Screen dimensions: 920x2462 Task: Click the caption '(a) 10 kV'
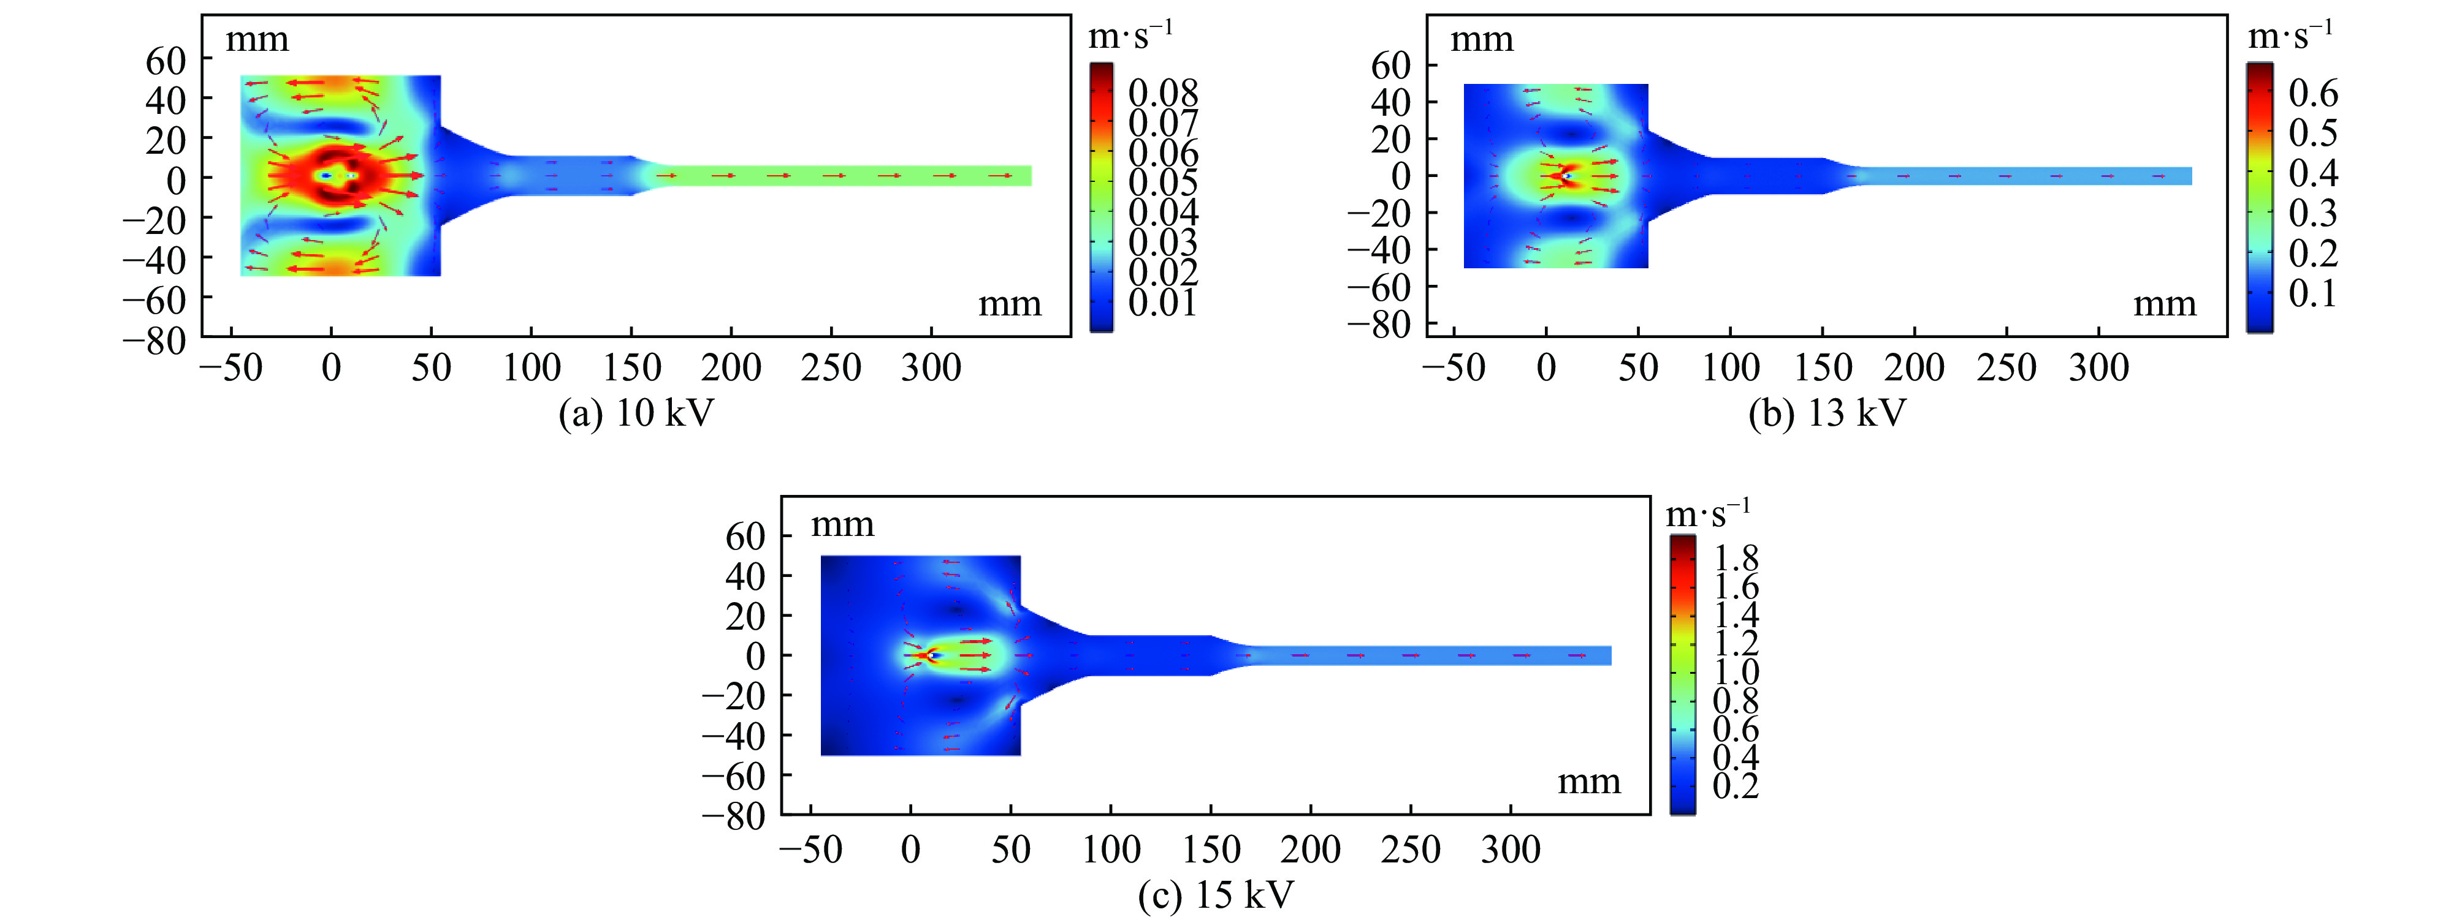636,413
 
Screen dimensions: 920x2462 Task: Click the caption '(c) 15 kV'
1216,895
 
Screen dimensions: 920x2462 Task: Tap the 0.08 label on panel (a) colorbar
1163,94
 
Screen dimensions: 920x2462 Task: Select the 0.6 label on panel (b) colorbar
2313,94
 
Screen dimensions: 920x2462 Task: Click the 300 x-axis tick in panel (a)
931,368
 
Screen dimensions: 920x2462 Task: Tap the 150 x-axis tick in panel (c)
1211,850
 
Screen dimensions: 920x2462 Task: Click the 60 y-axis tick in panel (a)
166,61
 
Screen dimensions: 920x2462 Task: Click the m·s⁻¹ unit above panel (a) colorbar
1130,36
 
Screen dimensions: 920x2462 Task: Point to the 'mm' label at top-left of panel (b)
1481,40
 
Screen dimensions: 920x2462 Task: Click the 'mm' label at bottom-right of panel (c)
1588,782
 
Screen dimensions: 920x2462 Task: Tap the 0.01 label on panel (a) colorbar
1163,303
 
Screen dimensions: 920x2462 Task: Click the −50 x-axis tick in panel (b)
1454,368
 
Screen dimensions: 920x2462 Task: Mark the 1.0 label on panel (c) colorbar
1736,671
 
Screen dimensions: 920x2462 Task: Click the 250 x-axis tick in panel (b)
2006,368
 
